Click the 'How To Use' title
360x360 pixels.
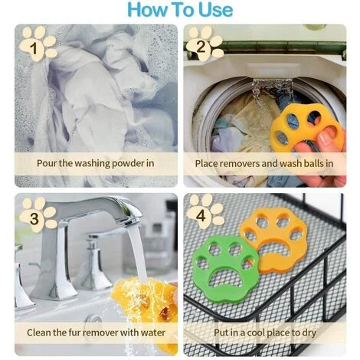click(180, 10)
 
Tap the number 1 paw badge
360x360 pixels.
click(38, 44)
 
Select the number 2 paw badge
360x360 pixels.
click(205, 44)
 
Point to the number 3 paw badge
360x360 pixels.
click(38, 214)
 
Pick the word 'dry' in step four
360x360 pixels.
click(309, 333)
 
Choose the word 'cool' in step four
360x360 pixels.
click(259, 332)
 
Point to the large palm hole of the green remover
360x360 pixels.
click(224, 279)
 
